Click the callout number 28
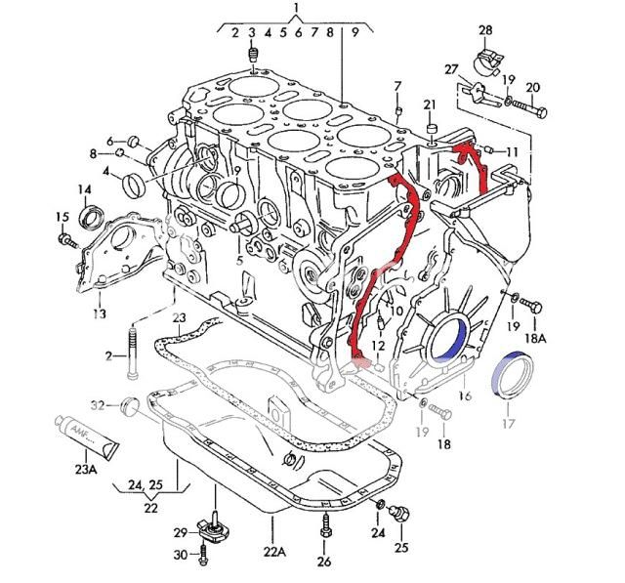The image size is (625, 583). (485, 30)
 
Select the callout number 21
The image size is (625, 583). (430, 105)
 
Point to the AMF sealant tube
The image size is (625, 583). (85, 437)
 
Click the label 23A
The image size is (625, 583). (87, 469)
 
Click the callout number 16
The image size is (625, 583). (465, 396)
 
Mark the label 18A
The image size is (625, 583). (536, 337)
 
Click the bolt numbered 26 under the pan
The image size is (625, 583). (325, 532)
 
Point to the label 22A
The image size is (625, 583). (274, 552)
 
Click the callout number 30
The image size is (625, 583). (180, 556)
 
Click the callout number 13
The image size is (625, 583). (99, 313)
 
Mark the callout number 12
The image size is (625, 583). (378, 347)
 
